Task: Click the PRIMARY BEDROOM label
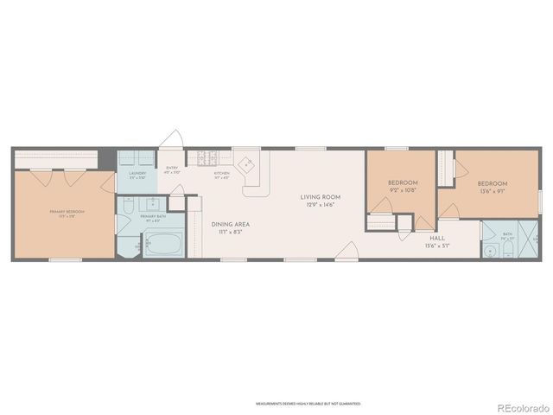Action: tap(62, 211)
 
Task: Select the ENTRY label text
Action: tap(171, 169)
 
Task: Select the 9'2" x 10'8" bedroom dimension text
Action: tap(403, 190)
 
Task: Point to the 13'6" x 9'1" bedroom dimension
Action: tap(493, 191)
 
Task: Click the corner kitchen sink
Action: tap(248, 163)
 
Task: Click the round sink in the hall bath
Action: tap(490, 251)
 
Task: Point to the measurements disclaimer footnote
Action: tap(308, 403)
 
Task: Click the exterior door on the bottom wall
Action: tap(347, 252)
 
